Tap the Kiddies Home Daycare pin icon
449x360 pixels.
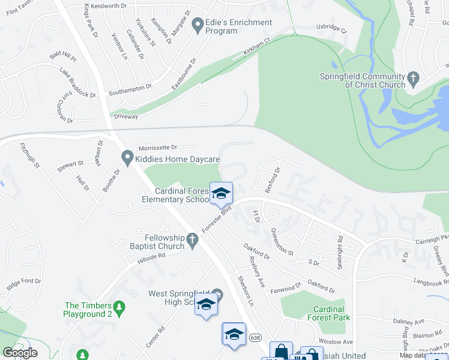coord(127,159)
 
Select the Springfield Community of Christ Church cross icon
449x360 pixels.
coord(412,79)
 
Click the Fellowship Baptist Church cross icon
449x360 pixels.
coord(192,241)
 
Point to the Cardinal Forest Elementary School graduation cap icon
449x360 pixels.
coord(221,193)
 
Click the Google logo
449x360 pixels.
coord(20,353)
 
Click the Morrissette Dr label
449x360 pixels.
coord(158,148)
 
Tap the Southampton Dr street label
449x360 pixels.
coord(130,89)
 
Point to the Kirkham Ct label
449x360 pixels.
coord(256,46)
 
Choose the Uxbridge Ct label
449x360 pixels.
coord(331,28)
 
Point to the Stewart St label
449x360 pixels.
coord(70,164)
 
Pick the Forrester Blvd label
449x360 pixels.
coord(217,219)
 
